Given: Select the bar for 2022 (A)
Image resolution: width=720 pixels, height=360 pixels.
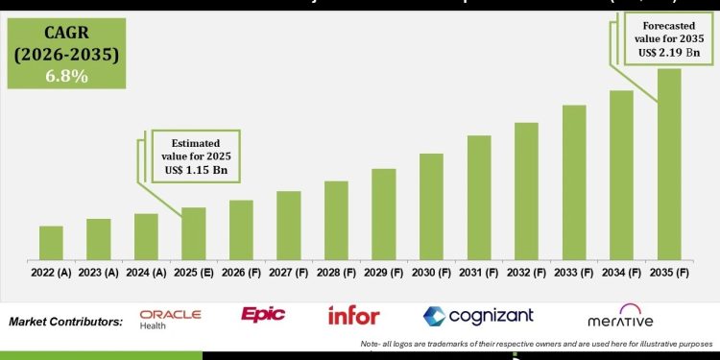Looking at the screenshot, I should click(x=51, y=243).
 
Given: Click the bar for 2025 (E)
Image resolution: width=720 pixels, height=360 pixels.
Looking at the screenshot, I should click(x=194, y=233).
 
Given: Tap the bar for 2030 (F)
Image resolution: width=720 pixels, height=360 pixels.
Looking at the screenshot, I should click(x=431, y=206).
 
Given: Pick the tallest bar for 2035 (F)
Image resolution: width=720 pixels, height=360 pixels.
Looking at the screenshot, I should click(x=669, y=163).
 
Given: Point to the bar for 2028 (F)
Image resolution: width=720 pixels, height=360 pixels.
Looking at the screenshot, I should click(x=336, y=220).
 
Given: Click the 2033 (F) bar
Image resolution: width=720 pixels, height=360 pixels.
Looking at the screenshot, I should click(x=574, y=182).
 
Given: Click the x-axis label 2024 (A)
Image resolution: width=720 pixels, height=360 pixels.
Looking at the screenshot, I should click(x=146, y=274).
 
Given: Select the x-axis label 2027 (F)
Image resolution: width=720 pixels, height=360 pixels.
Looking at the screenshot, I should click(x=289, y=274).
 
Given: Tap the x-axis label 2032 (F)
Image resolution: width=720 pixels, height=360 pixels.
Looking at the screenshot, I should click(x=526, y=274).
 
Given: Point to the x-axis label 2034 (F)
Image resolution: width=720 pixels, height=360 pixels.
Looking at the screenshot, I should click(x=621, y=274).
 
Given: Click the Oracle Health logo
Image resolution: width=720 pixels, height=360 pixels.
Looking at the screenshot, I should click(x=170, y=318).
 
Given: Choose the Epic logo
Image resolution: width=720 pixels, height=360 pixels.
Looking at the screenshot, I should click(x=263, y=315).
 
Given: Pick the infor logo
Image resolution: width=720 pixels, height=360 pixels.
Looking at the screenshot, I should click(x=353, y=315).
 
